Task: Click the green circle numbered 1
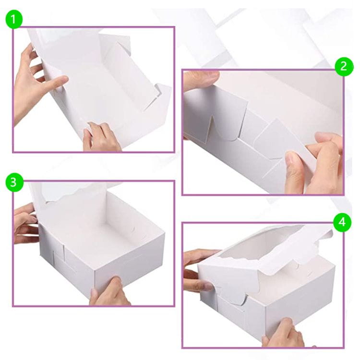point(14,20)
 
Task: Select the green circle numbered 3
point(14,182)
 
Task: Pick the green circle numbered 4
point(342,222)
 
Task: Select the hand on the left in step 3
point(25,223)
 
